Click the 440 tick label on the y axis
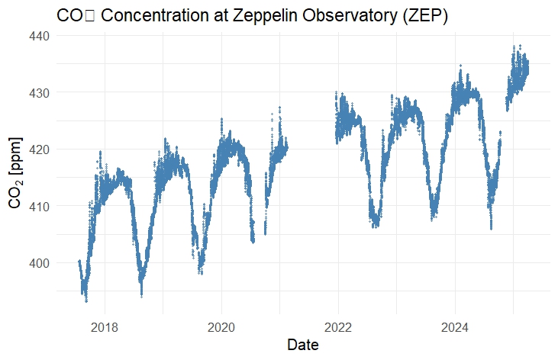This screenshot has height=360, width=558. click(40, 36)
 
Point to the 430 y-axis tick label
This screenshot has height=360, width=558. click(40, 92)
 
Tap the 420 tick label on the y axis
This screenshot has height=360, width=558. click(40, 149)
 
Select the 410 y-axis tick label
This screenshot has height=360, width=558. click(40, 206)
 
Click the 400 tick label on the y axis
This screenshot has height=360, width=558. click(40, 263)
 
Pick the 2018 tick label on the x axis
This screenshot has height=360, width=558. click(105, 328)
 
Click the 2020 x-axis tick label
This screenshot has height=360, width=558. click(221, 328)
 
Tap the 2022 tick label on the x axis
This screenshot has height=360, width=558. click(338, 328)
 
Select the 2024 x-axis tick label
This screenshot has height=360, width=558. click(455, 328)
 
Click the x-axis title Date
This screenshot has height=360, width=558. click(302, 346)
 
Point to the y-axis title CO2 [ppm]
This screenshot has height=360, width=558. click(16, 173)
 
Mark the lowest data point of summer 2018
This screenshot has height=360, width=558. click(141, 295)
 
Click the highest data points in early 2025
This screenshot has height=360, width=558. click(519, 47)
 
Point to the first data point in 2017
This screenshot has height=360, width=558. click(79, 261)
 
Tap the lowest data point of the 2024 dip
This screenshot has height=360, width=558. click(491, 228)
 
